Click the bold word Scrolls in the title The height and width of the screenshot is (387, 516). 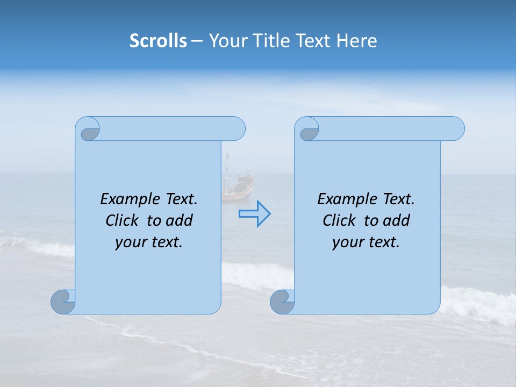pyautogui.click(x=159, y=41)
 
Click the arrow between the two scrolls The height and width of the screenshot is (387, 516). pyautogui.click(x=254, y=214)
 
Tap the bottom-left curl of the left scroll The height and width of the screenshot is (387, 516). pyautogui.click(x=63, y=302)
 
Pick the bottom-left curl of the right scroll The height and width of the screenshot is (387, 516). pyautogui.click(x=282, y=302)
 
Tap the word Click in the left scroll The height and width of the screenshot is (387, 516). pyautogui.click(x=121, y=220)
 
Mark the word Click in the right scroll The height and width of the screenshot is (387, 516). pyautogui.click(x=339, y=220)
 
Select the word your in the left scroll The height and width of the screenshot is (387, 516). pyautogui.click(x=130, y=243)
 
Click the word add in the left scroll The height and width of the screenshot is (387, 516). pyautogui.click(x=180, y=220)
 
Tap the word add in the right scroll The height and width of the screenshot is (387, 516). pyautogui.click(x=397, y=220)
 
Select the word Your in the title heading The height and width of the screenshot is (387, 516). pyautogui.click(x=226, y=41)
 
